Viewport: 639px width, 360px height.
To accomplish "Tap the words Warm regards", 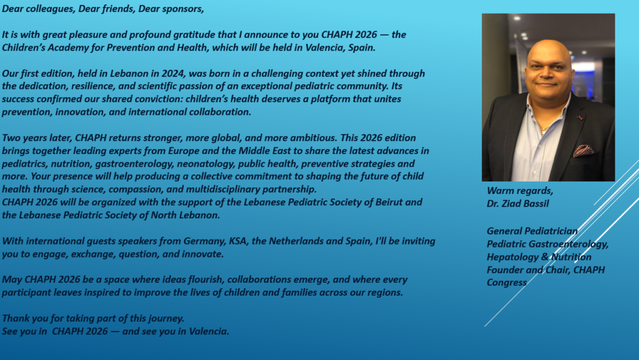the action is (x=520, y=190).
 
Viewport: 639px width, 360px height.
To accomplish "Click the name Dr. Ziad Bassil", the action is (x=517, y=203).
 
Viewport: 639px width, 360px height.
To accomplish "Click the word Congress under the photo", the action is (x=507, y=283).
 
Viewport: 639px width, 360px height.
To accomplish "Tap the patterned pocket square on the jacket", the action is (x=583, y=150).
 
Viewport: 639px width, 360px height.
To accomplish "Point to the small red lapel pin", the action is (x=580, y=118).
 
